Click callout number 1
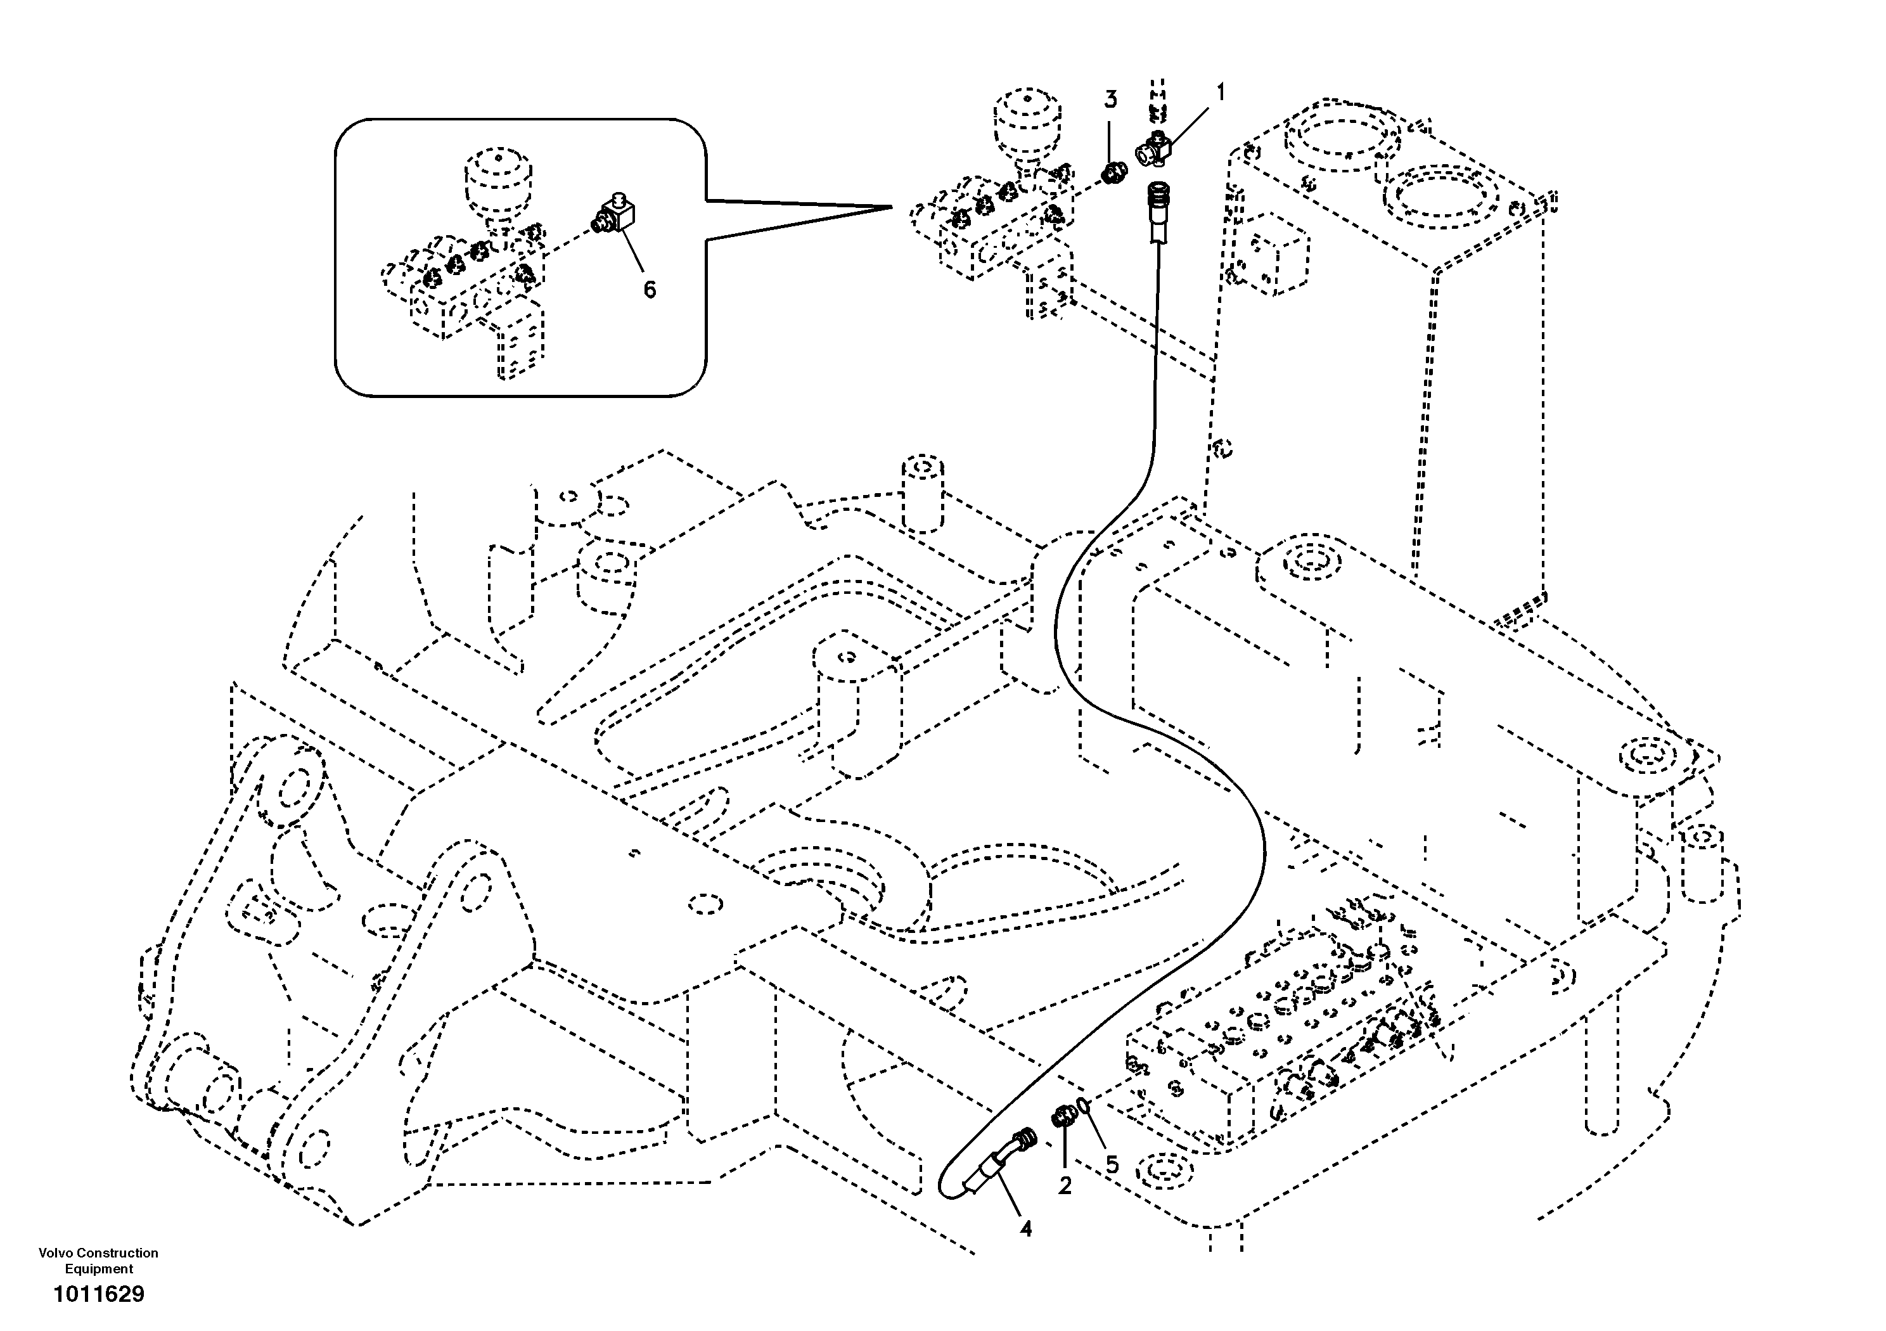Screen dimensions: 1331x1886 click(1220, 93)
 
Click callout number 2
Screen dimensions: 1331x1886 click(1065, 1186)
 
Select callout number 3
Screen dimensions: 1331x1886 click(1110, 100)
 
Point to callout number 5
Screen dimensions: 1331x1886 click(1112, 1164)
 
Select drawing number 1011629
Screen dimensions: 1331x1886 click(99, 1295)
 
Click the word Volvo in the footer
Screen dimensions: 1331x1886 click(55, 1253)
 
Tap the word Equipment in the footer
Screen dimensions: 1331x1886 click(99, 1270)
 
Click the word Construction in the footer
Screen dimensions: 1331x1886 click(117, 1253)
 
